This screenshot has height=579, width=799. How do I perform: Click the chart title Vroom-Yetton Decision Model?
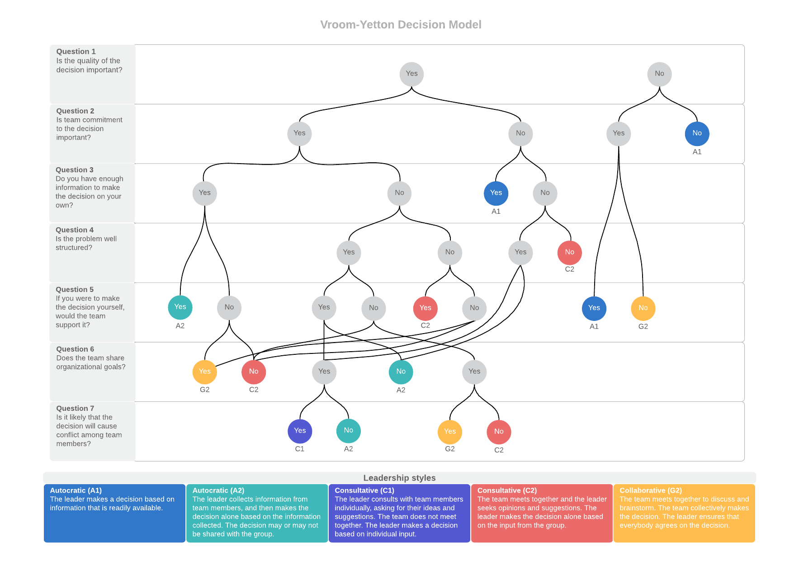point(401,25)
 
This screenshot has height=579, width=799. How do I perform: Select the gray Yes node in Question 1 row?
point(411,74)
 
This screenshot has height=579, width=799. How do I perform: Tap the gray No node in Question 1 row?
point(659,74)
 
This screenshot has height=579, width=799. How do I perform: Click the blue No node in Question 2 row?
point(697,133)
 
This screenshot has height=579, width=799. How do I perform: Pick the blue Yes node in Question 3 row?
point(496,193)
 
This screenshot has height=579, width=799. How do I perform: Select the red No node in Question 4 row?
point(569,252)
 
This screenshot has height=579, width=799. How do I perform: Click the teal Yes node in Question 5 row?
point(180,307)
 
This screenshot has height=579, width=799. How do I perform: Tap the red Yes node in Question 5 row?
point(425,308)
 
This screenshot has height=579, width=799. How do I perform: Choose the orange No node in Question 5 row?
point(643,308)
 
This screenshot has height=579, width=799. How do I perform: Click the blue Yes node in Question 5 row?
point(594,308)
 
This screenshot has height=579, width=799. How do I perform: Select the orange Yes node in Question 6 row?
point(204,372)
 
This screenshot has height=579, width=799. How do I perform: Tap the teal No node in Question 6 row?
point(401,372)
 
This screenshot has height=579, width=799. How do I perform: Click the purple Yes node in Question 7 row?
point(300,431)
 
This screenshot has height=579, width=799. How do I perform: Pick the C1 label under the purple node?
point(299,449)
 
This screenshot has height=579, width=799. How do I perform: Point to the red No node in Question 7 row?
point(499,432)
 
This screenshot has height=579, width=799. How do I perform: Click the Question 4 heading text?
point(75,230)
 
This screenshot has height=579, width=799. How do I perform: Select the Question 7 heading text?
point(75,409)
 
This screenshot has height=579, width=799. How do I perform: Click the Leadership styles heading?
point(399,478)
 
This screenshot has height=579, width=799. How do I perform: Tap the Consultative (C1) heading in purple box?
point(364,490)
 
